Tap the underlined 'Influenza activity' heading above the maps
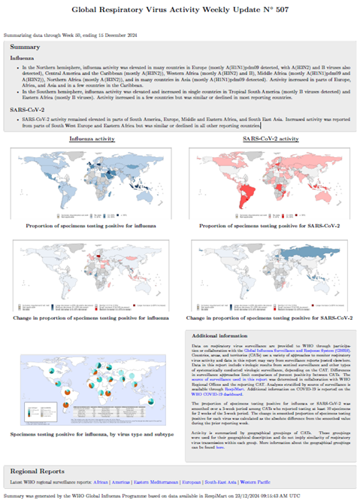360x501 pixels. tap(92, 139)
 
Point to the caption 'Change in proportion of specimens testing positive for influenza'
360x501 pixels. tap(92, 319)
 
